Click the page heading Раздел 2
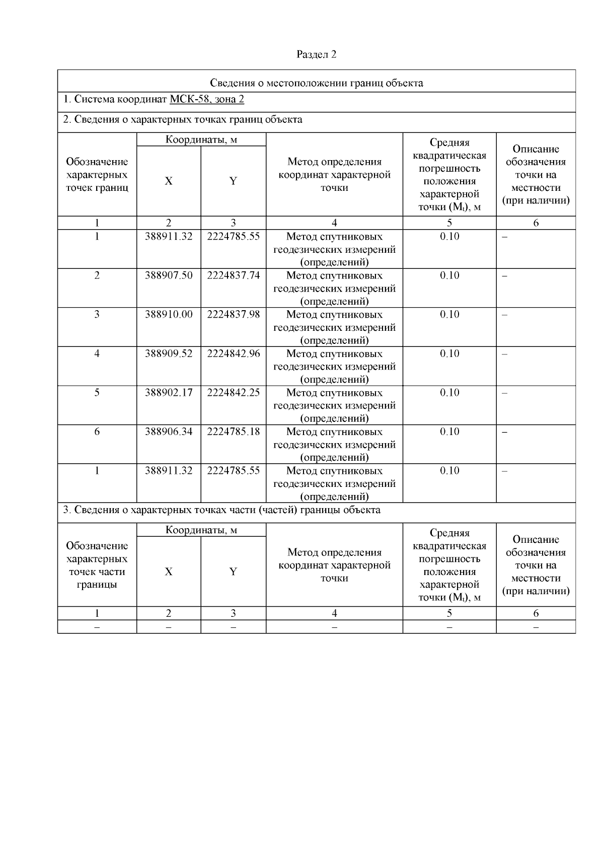pyautogui.click(x=316, y=54)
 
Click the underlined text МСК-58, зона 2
pyautogui.click(x=206, y=99)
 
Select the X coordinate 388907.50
pyautogui.click(x=169, y=275)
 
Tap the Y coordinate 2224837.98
pyautogui.click(x=233, y=314)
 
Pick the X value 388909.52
pyautogui.click(x=169, y=353)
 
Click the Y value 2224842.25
pyautogui.click(x=233, y=392)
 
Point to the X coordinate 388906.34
pyautogui.click(x=169, y=432)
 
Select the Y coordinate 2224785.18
pyautogui.click(x=233, y=432)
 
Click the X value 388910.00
pyautogui.click(x=169, y=314)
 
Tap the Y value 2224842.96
pyautogui.click(x=233, y=353)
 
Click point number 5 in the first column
pyautogui.click(x=97, y=392)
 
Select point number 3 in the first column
pyautogui.click(x=97, y=314)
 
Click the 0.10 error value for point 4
pyautogui.click(x=449, y=353)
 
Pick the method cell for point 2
pyautogui.click(x=334, y=289)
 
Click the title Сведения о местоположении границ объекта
pyautogui.click(x=316, y=83)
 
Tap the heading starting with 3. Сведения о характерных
pyautogui.click(x=221, y=510)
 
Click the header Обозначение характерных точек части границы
pyautogui.click(x=97, y=565)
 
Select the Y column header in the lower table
pyautogui.click(x=233, y=572)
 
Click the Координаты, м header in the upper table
pyautogui.click(x=201, y=139)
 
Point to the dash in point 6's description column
pyautogui.click(x=505, y=432)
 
